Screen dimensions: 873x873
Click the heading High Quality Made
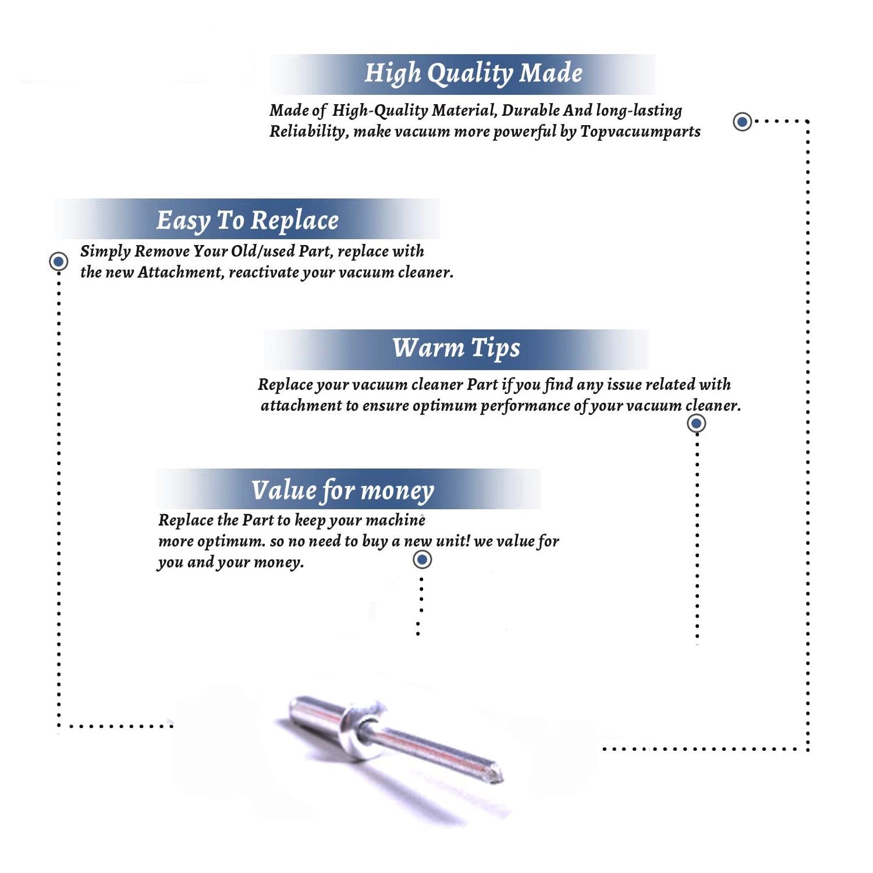pyautogui.click(x=473, y=74)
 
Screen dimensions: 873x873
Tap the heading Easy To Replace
pyautogui.click(x=247, y=221)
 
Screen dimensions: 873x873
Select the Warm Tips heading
pyautogui.click(x=456, y=349)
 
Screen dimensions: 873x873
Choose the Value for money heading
pyautogui.click(x=343, y=491)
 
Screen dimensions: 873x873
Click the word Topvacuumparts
pyautogui.click(x=640, y=132)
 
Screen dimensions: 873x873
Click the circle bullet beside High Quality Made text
pyautogui.click(x=742, y=122)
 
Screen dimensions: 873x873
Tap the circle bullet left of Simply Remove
pyautogui.click(x=58, y=261)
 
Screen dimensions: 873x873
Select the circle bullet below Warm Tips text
pyautogui.click(x=696, y=423)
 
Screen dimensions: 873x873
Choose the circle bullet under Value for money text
pyautogui.click(x=422, y=560)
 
